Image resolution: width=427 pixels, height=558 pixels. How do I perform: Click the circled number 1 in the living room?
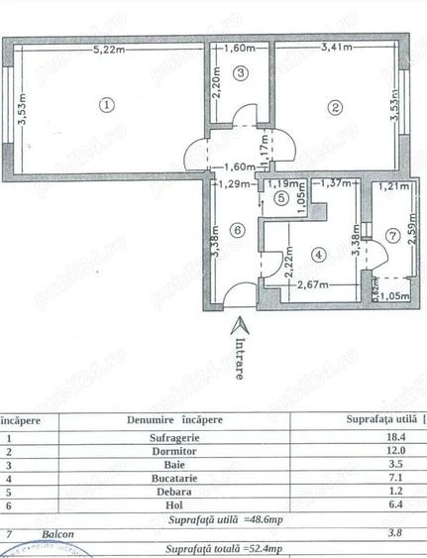pyautogui.click(x=107, y=102)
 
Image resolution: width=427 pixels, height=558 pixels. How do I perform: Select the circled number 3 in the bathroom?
pyautogui.click(x=240, y=72)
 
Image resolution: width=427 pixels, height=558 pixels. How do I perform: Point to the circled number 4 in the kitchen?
pyautogui.click(x=318, y=255)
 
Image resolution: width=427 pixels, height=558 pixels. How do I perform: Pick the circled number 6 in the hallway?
pyautogui.click(x=235, y=231)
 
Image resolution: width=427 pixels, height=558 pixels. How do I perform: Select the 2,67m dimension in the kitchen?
pyautogui.click(x=313, y=284)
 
